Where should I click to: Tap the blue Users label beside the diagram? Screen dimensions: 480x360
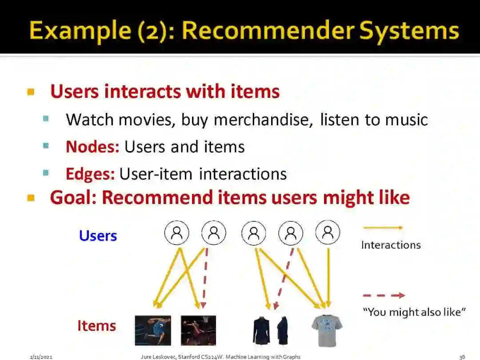coord(98,236)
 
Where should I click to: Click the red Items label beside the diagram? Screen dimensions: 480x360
coord(96,326)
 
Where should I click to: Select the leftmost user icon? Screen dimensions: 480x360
coord(176,232)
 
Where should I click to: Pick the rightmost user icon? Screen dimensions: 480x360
coord(328,232)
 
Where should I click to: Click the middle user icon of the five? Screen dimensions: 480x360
coord(254,233)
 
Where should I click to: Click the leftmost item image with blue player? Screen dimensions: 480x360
coord(153,331)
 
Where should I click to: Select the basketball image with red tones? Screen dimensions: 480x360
coord(198,331)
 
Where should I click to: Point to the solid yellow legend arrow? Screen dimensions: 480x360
coord(383,228)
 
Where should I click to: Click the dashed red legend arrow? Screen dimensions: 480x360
coord(384,295)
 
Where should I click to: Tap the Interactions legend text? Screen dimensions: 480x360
coord(391,245)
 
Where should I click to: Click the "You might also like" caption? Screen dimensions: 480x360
coord(414,312)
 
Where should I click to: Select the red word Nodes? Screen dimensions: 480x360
coord(92,147)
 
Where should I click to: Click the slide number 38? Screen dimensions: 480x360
coord(462,356)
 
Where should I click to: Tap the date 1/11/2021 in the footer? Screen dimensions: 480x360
coord(41,356)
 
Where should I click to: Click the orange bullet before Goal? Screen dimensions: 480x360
coord(31,198)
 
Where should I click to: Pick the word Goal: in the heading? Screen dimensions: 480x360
coord(73,198)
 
